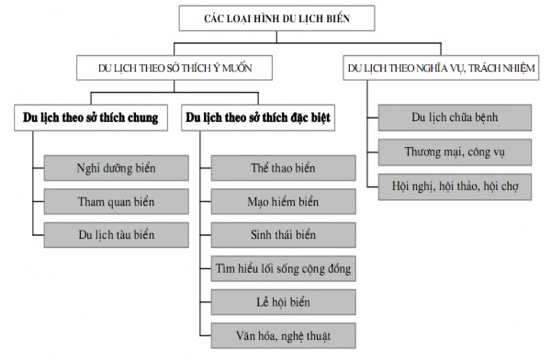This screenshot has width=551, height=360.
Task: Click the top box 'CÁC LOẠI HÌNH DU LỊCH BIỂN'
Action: pos(275,18)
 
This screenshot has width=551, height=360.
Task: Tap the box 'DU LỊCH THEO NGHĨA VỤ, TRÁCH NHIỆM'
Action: pos(438,68)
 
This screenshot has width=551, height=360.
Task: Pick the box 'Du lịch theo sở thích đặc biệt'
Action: pos(258,118)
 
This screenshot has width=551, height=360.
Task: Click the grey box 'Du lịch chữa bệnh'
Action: pos(454,117)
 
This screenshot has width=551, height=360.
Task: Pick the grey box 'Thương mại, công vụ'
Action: pos(454,150)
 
